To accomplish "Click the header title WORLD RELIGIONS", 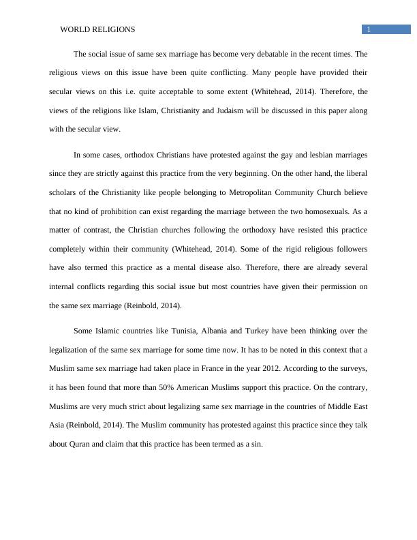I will point(97,29).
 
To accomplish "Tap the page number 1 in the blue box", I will point(369,29).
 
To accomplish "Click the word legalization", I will point(74,350).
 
